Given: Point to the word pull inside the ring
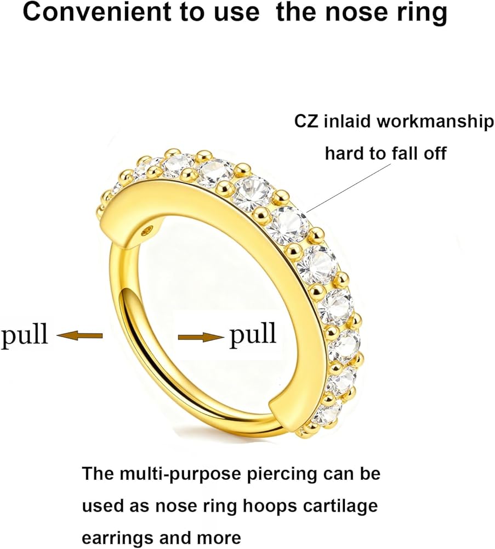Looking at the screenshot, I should click(x=253, y=334).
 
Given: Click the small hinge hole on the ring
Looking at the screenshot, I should click(x=145, y=232).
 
